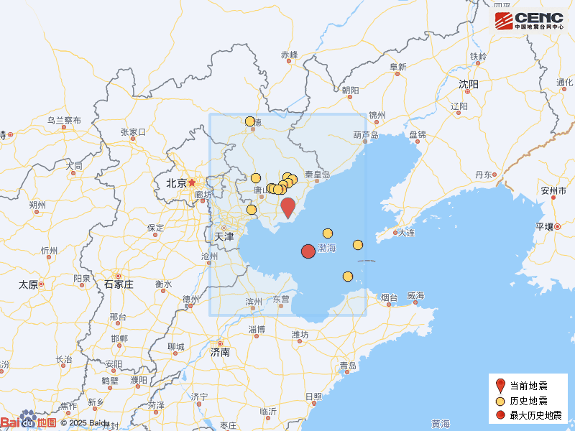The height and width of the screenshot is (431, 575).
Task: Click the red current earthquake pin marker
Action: (x=287, y=207)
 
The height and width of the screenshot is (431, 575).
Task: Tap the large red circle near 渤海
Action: (x=308, y=251)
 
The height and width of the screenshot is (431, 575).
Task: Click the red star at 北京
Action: (x=192, y=182)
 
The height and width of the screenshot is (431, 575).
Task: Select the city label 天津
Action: (x=224, y=236)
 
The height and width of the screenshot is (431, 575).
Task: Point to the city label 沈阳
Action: (x=469, y=84)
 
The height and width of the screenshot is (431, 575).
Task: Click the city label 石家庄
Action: (x=119, y=284)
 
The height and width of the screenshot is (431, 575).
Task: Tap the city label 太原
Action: (x=28, y=284)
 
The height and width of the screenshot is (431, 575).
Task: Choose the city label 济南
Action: (x=220, y=353)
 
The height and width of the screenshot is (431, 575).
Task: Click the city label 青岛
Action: (x=349, y=366)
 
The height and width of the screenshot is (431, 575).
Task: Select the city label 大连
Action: (x=406, y=232)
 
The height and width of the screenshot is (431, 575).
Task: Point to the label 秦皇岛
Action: (x=317, y=175)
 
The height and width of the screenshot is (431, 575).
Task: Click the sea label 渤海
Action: (x=327, y=248)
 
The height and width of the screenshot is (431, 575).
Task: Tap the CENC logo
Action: (x=529, y=20)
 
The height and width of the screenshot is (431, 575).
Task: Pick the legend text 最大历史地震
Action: (x=535, y=414)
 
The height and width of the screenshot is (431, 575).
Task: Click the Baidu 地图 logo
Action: (x=29, y=422)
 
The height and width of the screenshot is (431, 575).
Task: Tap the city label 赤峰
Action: (x=289, y=55)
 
